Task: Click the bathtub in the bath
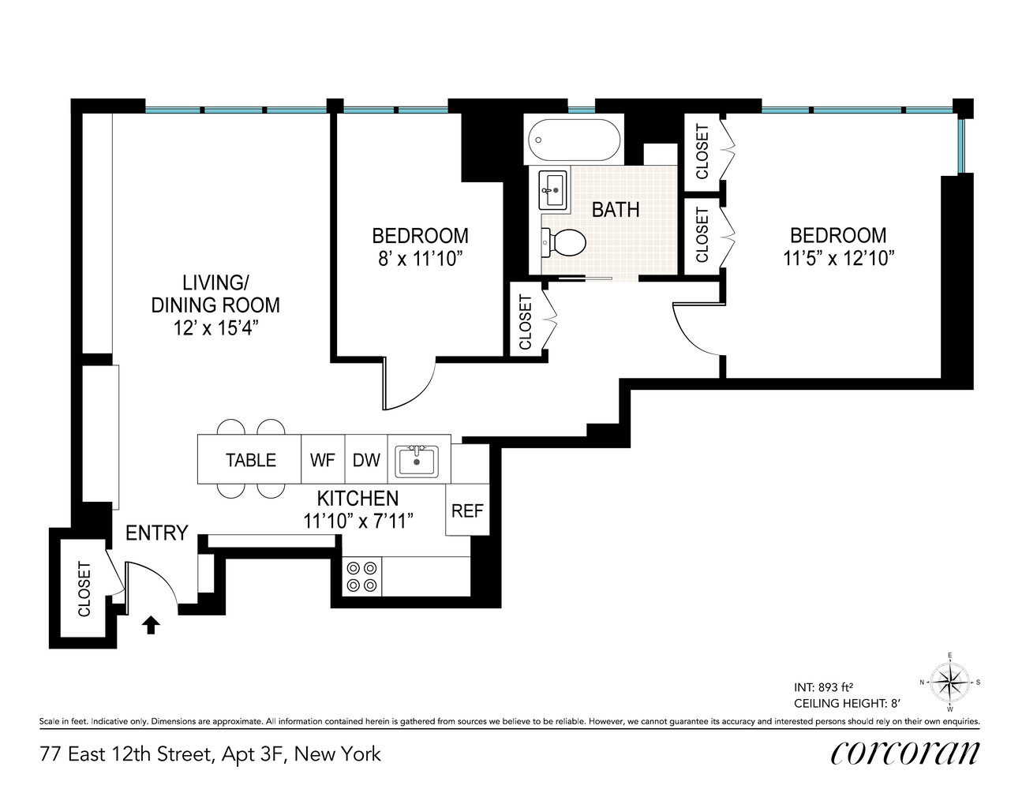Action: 575,141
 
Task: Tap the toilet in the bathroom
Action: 563,242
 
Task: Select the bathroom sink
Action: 555,190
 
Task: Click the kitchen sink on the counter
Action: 416,461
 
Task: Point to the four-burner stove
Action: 361,576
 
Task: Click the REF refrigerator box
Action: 467,511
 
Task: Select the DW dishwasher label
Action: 366,460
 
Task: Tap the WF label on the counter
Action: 323,460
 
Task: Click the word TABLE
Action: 251,460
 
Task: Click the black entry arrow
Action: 151,625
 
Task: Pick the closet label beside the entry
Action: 84,589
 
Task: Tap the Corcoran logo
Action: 904,753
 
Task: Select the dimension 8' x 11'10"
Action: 420,259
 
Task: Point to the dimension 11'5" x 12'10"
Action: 838,258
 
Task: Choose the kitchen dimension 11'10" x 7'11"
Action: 358,521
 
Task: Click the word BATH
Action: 616,210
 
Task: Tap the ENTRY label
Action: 156,533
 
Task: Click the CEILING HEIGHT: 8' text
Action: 847,702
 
